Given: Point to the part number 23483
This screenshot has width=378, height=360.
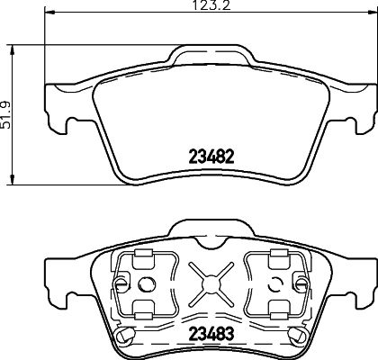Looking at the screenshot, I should [211, 332].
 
